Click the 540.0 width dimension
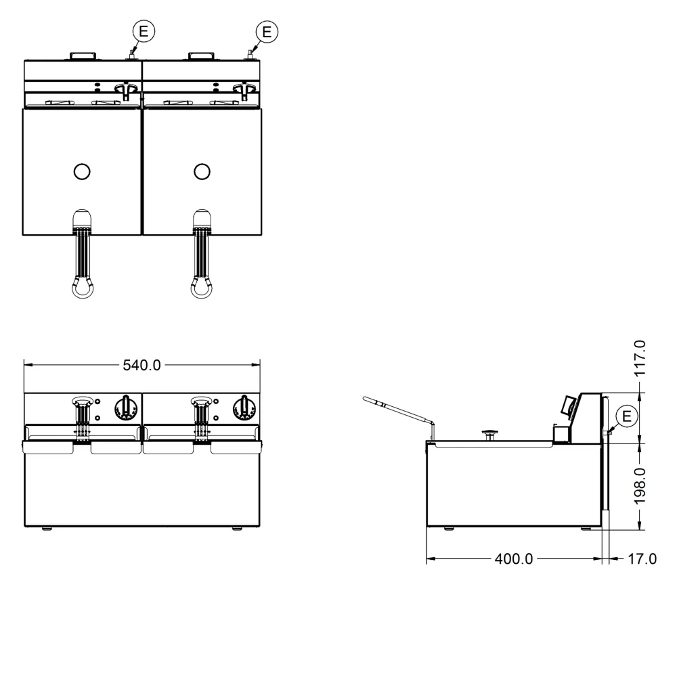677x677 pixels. tap(141, 366)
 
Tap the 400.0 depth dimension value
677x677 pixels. tap(514, 559)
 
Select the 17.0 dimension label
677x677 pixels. tap(642, 559)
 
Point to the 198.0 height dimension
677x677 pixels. tap(640, 485)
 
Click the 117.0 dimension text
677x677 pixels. tap(640, 358)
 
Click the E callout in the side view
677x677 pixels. tap(626, 416)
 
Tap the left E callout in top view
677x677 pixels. tap(144, 32)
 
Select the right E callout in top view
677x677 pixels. tap(267, 32)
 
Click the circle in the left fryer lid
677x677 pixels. tap(82, 171)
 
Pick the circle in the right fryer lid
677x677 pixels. tap(202, 171)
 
